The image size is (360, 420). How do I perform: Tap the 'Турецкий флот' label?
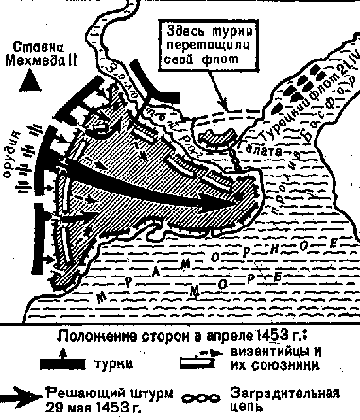coord(301,113)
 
